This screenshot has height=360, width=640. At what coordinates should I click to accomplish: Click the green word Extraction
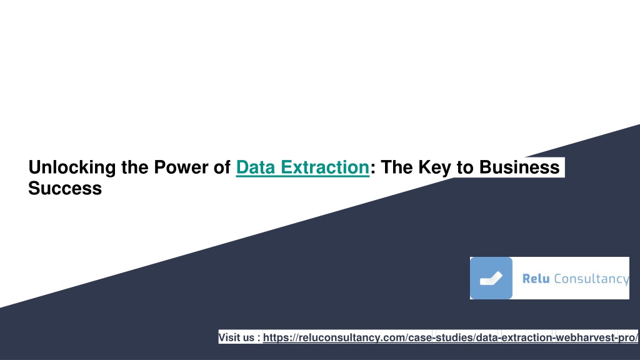click(325, 167)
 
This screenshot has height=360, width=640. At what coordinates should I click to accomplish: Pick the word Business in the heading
click(519, 167)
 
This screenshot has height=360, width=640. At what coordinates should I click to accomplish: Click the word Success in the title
click(65, 188)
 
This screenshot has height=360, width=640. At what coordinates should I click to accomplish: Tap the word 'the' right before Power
click(135, 167)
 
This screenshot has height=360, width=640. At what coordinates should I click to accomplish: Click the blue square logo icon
click(491, 278)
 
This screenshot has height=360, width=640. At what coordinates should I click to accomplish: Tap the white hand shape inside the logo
click(491, 279)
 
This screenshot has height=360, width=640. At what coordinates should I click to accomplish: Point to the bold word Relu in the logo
click(536, 279)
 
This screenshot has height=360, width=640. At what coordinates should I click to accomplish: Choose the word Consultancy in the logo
click(591, 279)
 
